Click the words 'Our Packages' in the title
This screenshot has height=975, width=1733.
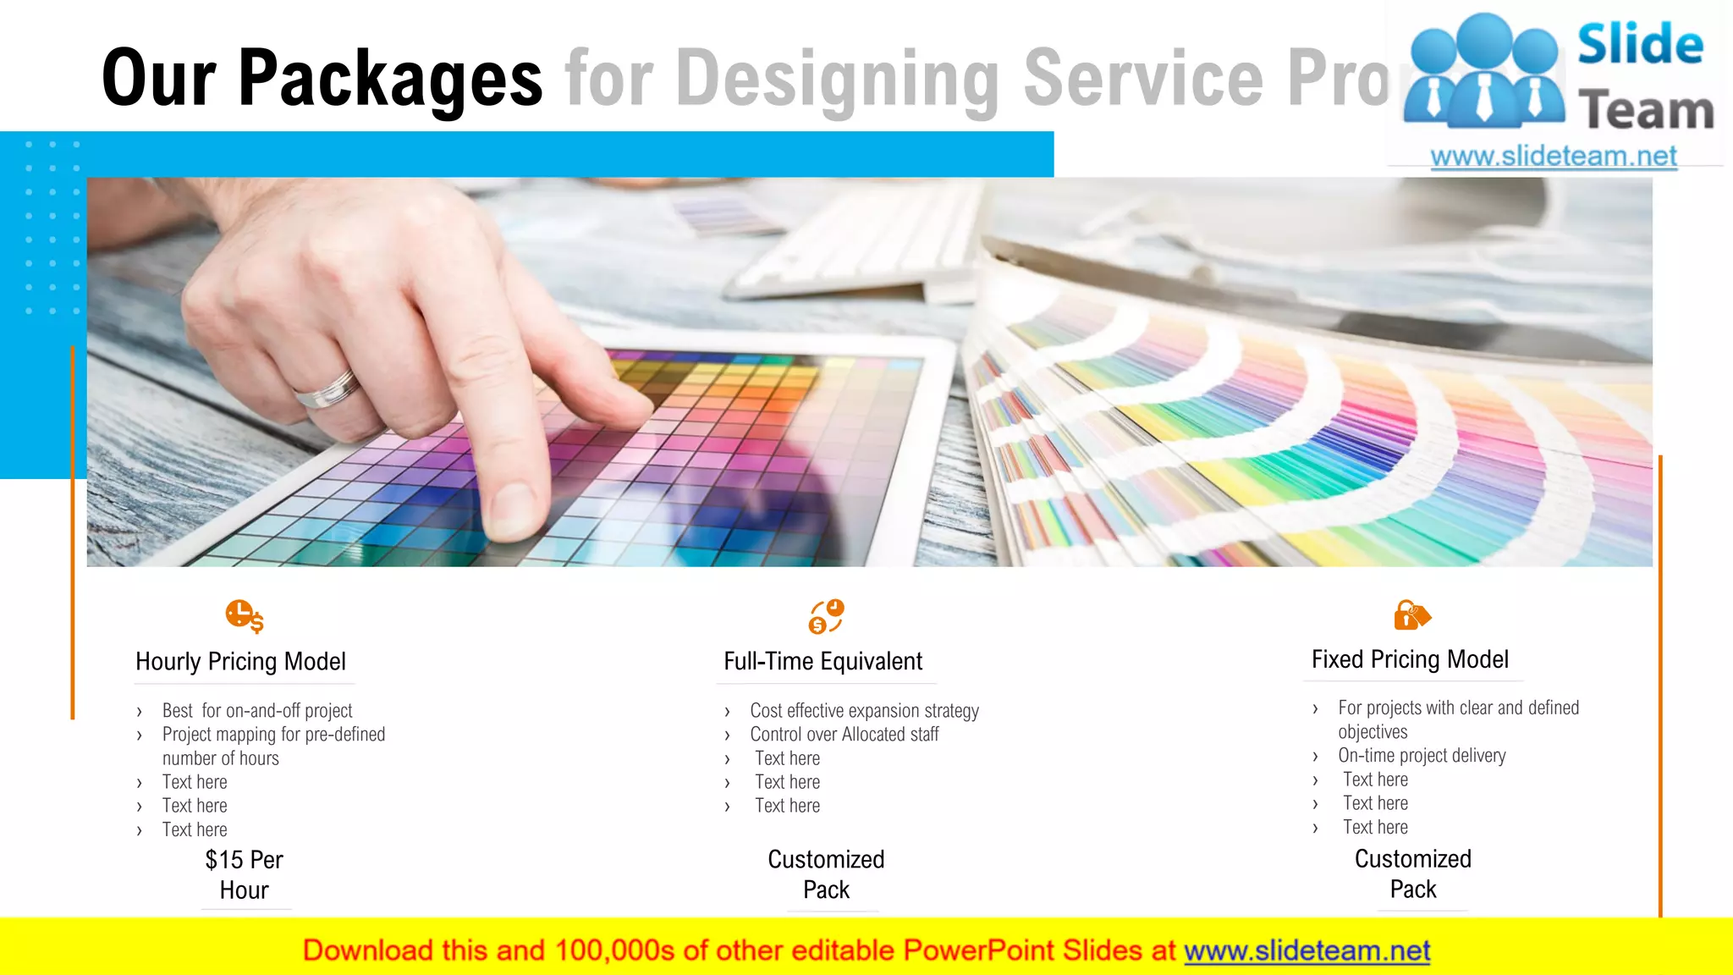click(322, 78)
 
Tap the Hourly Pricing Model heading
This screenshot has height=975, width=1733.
click(240, 661)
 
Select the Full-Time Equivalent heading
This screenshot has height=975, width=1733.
click(822, 661)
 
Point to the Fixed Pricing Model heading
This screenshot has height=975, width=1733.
click(1410, 659)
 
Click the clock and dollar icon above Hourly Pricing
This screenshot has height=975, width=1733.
click(245, 616)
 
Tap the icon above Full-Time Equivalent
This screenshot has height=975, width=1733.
click(826, 616)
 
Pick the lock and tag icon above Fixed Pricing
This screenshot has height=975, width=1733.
click(1411, 615)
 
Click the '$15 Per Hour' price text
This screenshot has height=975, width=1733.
click(244, 874)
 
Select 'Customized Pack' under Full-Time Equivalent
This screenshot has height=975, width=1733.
click(826, 874)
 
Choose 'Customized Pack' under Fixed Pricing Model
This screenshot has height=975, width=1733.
click(1413, 873)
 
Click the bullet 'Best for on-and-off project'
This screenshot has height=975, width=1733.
click(257, 710)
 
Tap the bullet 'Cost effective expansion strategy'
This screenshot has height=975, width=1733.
click(864, 710)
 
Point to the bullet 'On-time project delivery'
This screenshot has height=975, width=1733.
click(1422, 755)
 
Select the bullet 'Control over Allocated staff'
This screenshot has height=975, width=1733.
click(844, 734)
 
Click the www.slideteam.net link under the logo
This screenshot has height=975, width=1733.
click(1553, 157)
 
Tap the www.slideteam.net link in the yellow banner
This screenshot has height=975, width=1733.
click(1307, 950)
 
